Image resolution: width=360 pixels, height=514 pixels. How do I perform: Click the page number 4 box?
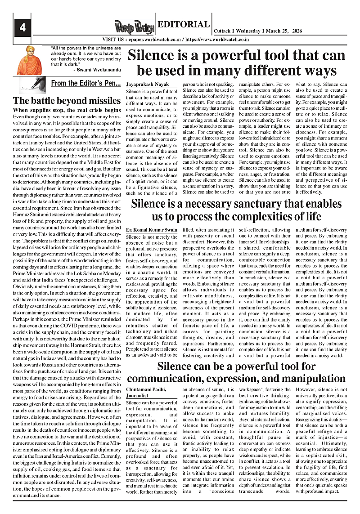pyautogui.click(x=22, y=27)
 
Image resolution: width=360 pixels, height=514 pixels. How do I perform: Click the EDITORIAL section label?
pyautogui.click(x=184, y=25)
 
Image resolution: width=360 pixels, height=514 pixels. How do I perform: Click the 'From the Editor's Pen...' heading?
pyautogui.click(x=85, y=83)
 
